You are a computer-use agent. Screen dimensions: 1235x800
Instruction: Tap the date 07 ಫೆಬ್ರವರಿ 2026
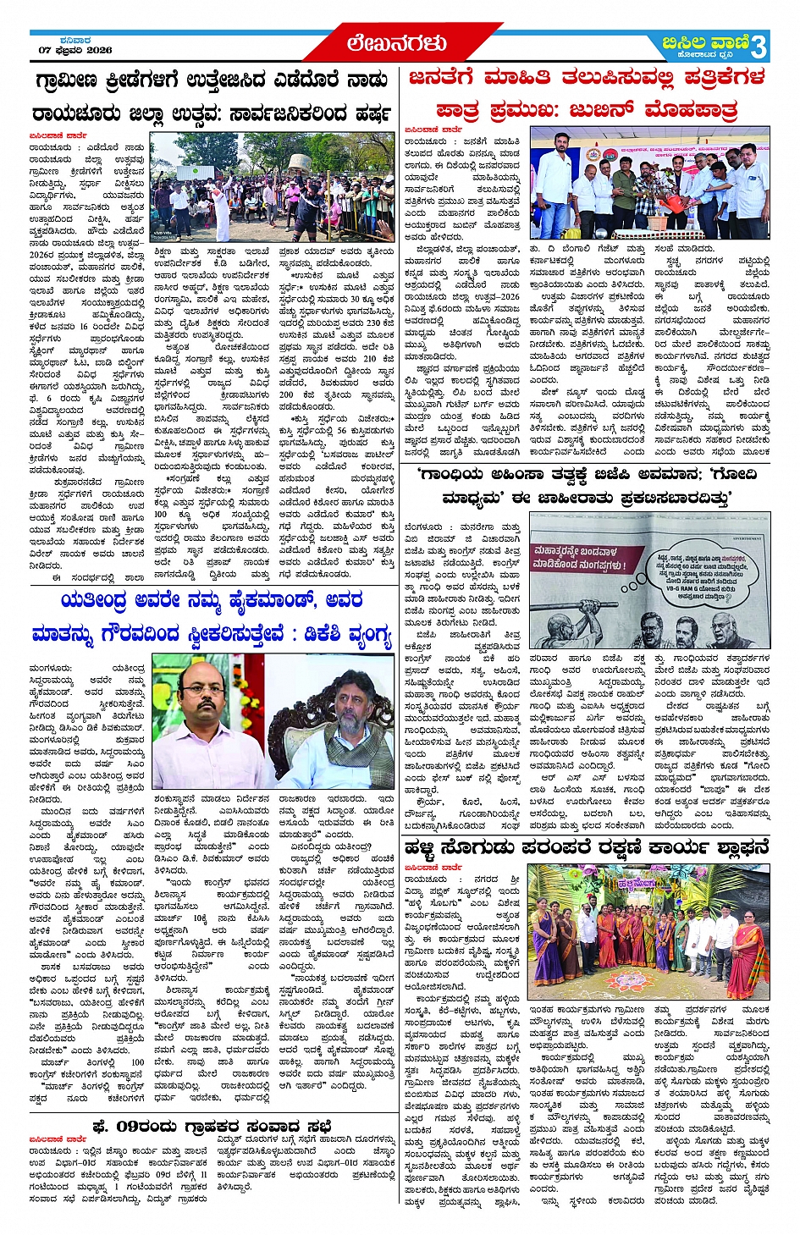[75, 50]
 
